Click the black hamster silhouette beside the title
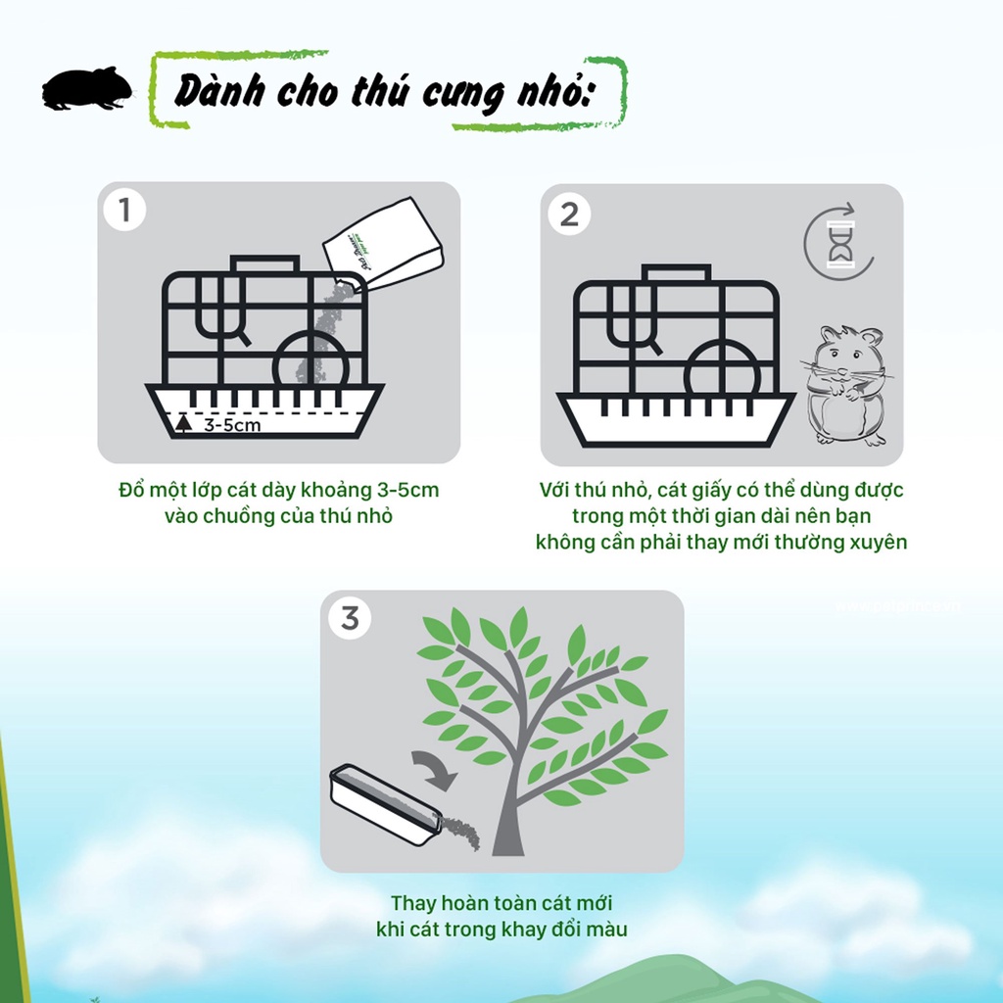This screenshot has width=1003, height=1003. tap(86, 89)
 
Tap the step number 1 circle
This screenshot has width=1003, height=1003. tap(124, 210)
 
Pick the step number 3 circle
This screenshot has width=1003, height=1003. tap(350, 618)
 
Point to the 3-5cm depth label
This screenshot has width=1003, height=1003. tap(230, 427)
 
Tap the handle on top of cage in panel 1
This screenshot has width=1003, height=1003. tap(264, 264)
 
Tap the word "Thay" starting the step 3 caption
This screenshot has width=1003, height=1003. tap(413, 903)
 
